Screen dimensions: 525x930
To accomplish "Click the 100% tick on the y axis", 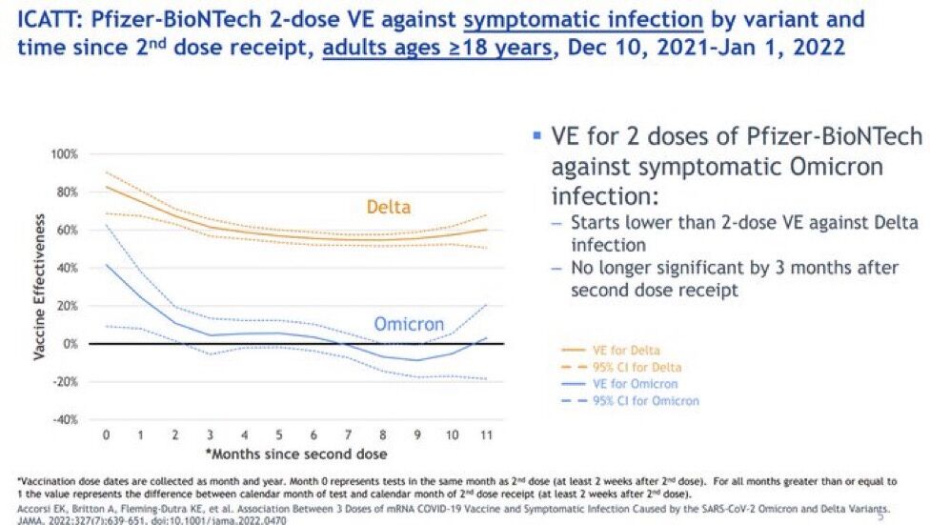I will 64,153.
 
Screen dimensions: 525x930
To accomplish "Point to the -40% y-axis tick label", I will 65,419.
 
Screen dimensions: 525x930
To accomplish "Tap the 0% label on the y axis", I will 71,343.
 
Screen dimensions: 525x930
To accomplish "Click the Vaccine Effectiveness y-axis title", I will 40,285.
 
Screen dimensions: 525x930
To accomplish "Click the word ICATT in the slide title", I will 36,19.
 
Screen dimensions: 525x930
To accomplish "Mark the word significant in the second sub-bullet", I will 731,268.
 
